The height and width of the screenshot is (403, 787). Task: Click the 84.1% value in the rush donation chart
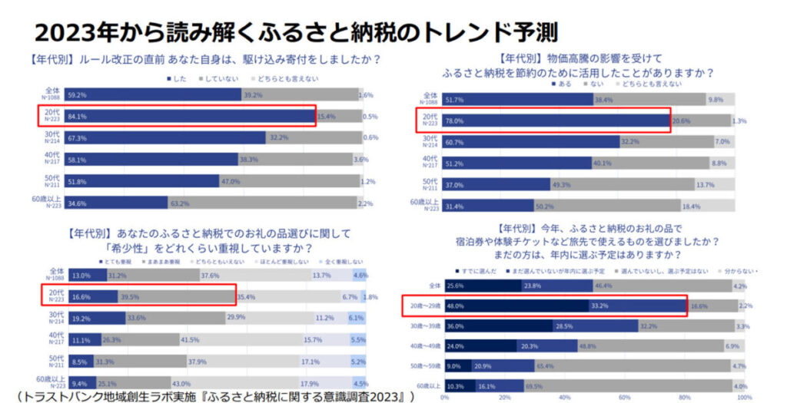tap(55, 117)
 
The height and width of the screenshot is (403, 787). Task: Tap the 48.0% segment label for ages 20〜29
tap(455, 306)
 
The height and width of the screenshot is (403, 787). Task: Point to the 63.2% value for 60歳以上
tap(180, 204)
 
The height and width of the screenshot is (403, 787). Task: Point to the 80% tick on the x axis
tap(682, 398)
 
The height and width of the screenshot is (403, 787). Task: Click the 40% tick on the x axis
tap(563, 398)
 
